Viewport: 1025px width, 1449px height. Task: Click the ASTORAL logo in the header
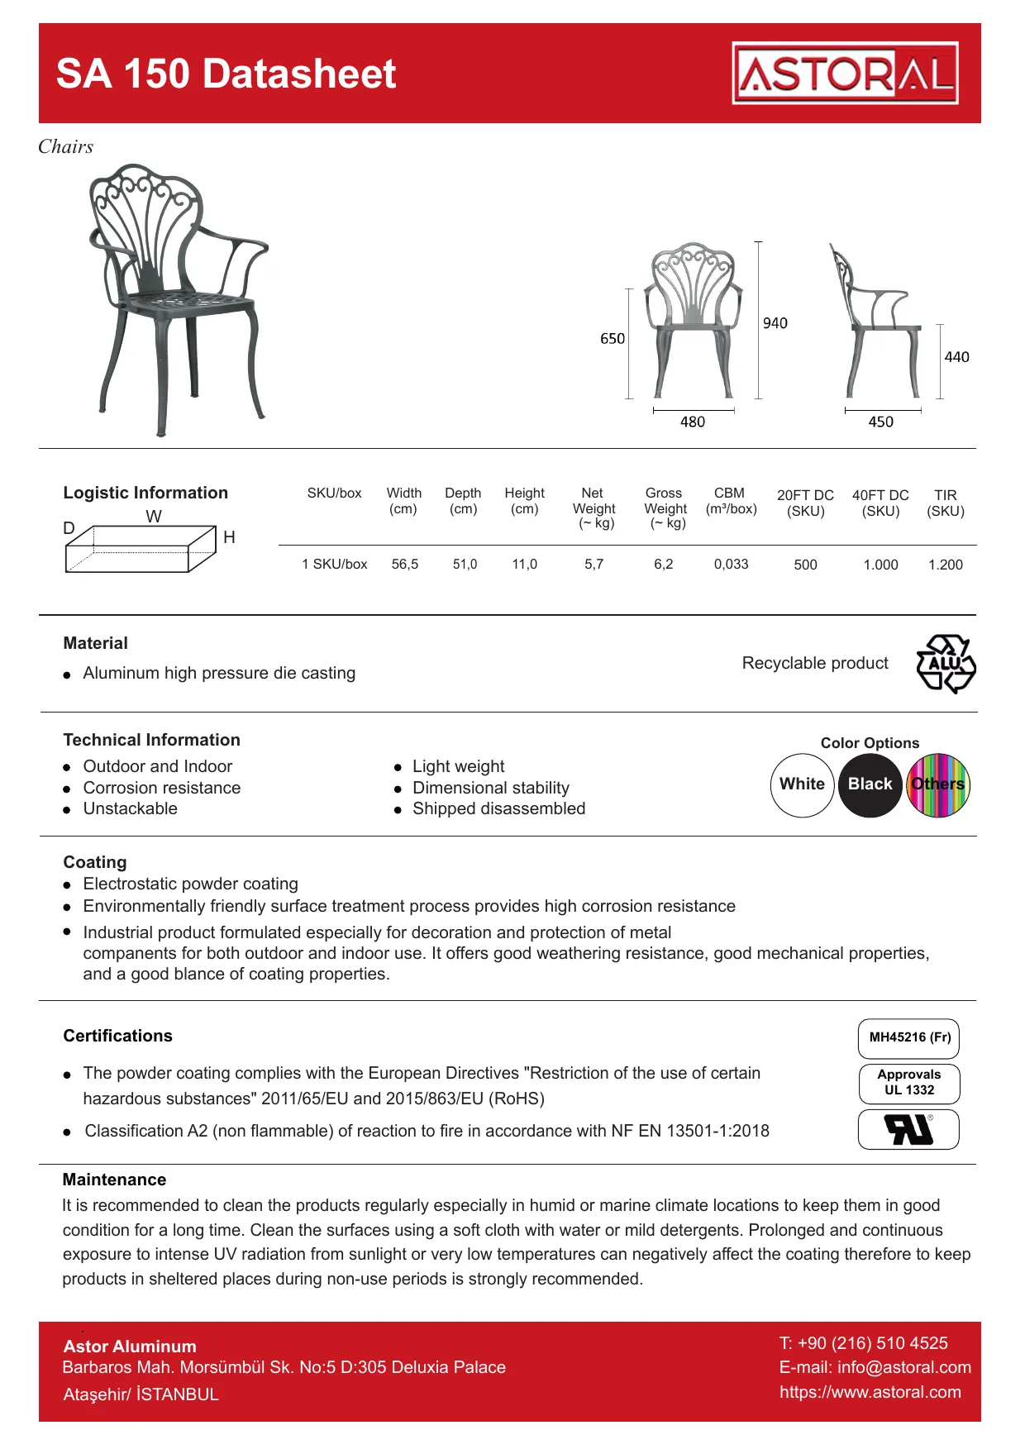(845, 74)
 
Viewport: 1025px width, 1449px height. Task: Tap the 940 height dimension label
(775, 323)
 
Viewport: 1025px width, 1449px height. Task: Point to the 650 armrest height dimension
(613, 339)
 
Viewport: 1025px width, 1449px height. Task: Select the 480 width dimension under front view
(693, 422)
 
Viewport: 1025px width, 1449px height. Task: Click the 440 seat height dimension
(956, 357)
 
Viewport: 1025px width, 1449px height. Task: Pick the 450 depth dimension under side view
(880, 422)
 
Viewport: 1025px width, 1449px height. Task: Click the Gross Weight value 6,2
(663, 565)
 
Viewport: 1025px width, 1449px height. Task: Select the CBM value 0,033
(731, 565)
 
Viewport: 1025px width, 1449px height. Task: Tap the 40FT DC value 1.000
(880, 565)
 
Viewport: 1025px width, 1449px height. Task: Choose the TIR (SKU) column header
(946, 503)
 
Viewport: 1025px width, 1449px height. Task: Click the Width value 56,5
(405, 565)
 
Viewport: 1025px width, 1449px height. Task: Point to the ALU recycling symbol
(946, 664)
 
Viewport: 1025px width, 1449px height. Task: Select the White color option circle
(803, 784)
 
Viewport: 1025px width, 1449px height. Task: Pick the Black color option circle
(870, 784)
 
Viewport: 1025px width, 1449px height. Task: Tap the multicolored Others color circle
(938, 784)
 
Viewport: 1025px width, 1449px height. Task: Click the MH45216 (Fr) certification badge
(909, 1038)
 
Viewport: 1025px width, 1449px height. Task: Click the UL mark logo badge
(909, 1129)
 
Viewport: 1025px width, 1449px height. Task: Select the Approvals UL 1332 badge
(909, 1083)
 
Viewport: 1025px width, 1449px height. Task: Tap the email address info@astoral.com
(903, 1368)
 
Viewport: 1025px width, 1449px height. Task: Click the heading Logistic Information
(145, 493)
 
